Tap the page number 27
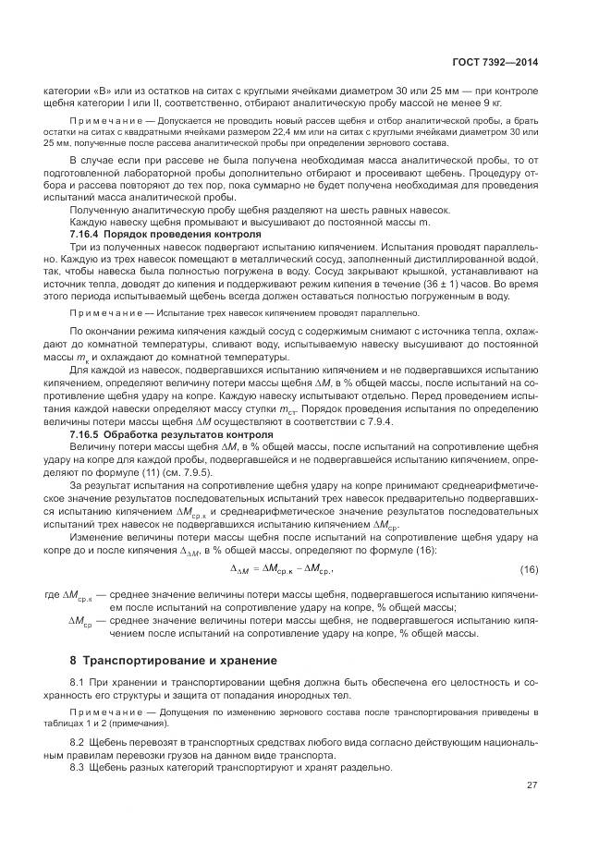pos(531,785)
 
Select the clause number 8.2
pos(78,742)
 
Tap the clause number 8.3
pos(78,767)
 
